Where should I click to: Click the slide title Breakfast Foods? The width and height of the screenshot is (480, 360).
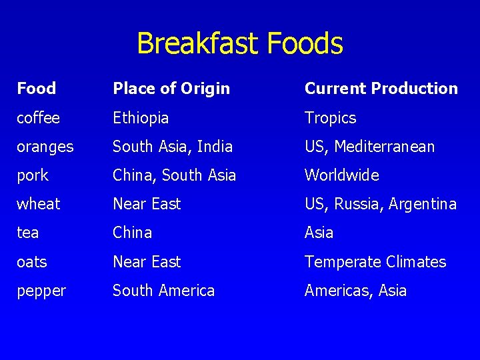[240, 44]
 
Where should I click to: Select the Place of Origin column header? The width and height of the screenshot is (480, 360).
[171, 88]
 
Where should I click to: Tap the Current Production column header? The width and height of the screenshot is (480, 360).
[381, 88]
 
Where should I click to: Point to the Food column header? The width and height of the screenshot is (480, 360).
[37, 88]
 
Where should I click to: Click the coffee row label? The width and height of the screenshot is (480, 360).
[39, 118]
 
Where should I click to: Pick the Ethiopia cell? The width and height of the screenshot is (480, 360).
[141, 118]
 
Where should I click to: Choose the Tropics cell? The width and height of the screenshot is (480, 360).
[331, 118]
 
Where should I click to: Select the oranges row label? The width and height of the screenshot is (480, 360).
[45, 147]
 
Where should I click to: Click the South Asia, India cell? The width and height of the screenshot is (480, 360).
[173, 147]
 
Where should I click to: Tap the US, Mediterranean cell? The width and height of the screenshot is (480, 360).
[369, 147]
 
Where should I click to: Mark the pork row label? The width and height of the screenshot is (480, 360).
[33, 175]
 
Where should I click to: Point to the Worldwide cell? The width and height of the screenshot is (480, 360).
[342, 175]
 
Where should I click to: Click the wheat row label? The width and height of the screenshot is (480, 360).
[39, 204]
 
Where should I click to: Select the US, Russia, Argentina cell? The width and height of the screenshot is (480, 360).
[381, 204]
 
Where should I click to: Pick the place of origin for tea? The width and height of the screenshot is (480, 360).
[132, 233]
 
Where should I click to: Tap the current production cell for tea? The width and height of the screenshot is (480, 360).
[319, 233]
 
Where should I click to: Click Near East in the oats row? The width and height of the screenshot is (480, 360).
[147, 262]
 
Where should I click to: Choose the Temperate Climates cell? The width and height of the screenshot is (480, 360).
[375, 262]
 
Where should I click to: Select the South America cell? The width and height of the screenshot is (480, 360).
[163, 291]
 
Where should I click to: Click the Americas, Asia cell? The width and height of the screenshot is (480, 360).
[355, 291]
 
